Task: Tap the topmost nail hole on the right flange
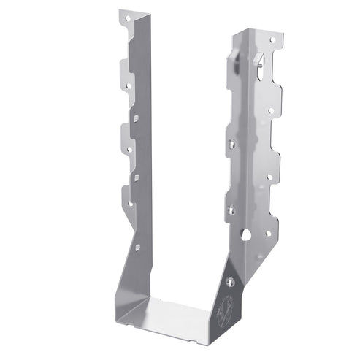click(272, 40)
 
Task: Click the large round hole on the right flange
click(247, 235)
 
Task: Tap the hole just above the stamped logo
click(231, 280)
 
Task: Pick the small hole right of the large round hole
click(267, 233)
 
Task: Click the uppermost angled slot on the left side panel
click(136, 115)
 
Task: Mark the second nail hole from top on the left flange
click(129, 86)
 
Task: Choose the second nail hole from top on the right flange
click(270, 111)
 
